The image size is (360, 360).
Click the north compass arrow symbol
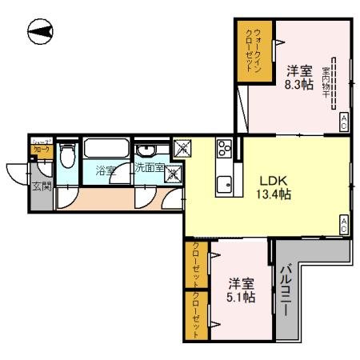pyautogui.click(x=41, y=33)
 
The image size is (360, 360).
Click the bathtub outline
pyautogui.click(x=105, y=150)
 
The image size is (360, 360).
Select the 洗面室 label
pyautogui.click(x=150, y=169)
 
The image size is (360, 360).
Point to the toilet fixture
pyautogui.click(x=68, y=156)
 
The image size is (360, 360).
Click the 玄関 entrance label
pyautogui.click(x=40, y=188)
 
